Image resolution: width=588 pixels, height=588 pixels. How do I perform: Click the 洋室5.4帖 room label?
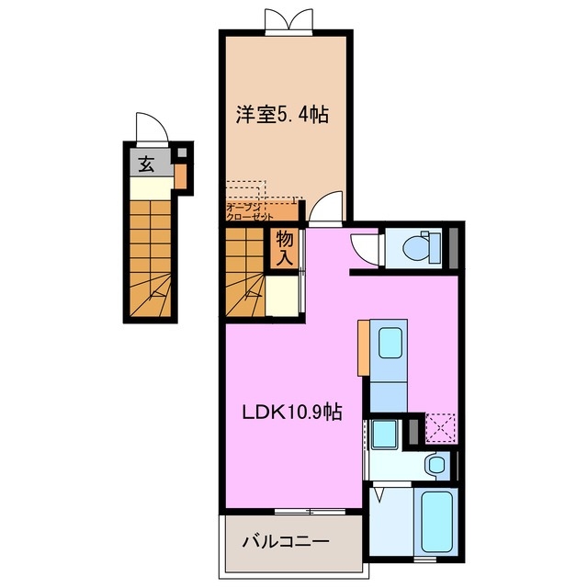[x=282, y=115]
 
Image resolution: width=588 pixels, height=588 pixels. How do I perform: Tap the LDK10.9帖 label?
[x=292, y=413]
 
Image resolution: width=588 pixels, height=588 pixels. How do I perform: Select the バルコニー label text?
[x=286, y=541]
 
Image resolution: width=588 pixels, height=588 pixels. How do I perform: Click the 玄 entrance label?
[x=146, y=164]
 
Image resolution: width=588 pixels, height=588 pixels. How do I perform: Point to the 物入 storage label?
[x=285, y=248]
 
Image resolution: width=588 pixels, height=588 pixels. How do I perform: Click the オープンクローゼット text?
[x=249, y=212]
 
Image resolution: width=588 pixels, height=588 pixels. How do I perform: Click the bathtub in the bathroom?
[x=436, y=521]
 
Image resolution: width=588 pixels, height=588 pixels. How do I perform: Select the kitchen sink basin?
[x=390, y=343]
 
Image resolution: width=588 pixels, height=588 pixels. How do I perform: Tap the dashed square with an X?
[x=441, y=428]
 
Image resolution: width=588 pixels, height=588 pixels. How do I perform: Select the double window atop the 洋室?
[x=288, y=21]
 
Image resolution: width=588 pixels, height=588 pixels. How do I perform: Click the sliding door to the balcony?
[x=310, y=511]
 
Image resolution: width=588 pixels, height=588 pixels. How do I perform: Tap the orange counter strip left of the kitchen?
[x=364, y=347]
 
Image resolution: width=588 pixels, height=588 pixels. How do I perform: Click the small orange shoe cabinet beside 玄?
[x=180, y=176]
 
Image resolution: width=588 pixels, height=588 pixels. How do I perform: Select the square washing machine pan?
[x=384, y=435]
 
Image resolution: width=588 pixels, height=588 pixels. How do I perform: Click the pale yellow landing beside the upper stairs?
[x=282, y=295]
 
